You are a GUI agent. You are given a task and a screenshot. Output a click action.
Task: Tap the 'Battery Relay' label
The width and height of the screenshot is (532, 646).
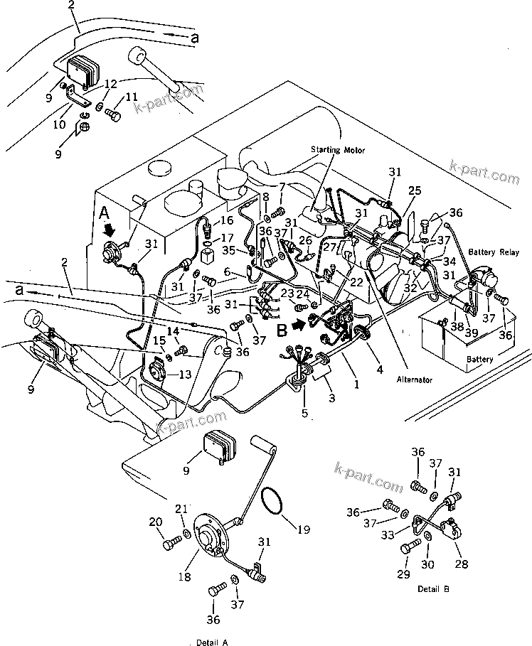(x=496, y=252)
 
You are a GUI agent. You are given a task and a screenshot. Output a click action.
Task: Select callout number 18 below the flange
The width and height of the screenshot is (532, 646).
(x=185, y=578)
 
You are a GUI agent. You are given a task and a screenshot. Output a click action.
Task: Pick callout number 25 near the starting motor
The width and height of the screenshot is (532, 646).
(x=415, y=190)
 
